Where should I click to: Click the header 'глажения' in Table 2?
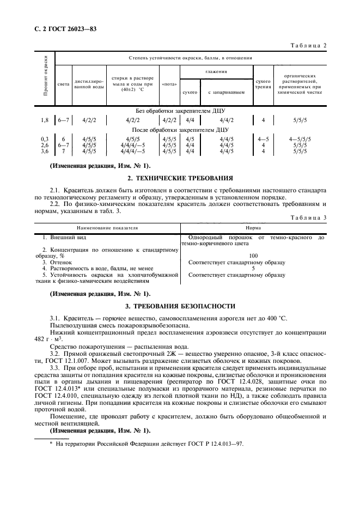coord(216,72)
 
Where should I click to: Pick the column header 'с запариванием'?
coord(226,92)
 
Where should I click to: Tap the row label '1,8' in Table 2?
coord(45,119)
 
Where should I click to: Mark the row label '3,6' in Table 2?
coord(45,151)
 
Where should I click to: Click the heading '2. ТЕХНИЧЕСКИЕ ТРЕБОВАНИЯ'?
coord(180,178)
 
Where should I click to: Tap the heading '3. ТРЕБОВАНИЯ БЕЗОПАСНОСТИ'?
coord(180,306)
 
